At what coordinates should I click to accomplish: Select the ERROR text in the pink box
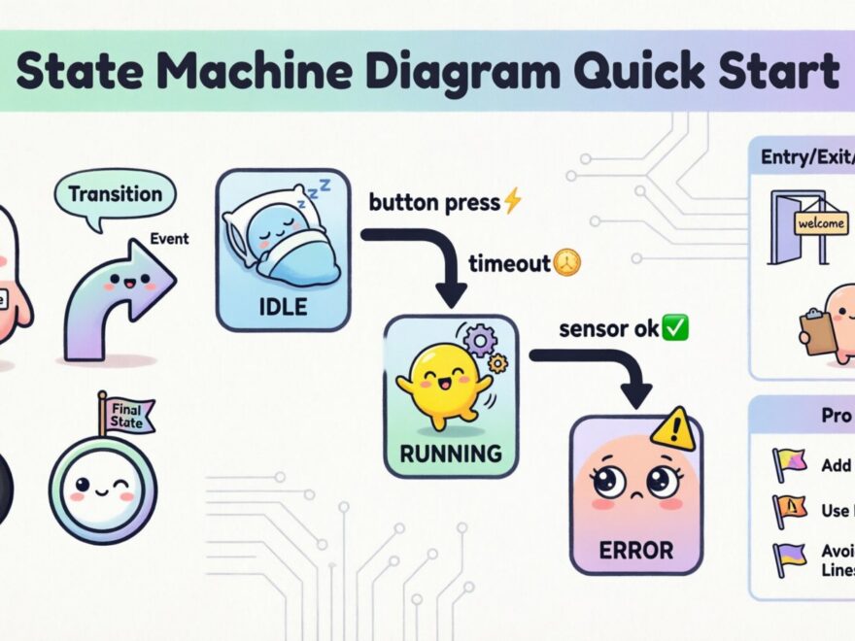[x=635, y=550]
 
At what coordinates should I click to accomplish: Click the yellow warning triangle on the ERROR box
[x=673, y=427]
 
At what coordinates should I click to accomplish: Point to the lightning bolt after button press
[x=513, y=202]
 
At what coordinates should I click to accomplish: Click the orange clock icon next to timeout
[x=567, y=262]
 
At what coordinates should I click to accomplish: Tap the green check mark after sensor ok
[x=673, y=328]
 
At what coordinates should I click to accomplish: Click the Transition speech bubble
[x=116, y=195]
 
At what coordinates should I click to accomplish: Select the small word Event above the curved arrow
[x=169, y=239]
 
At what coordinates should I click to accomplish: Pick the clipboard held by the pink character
[x=817, y=331]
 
